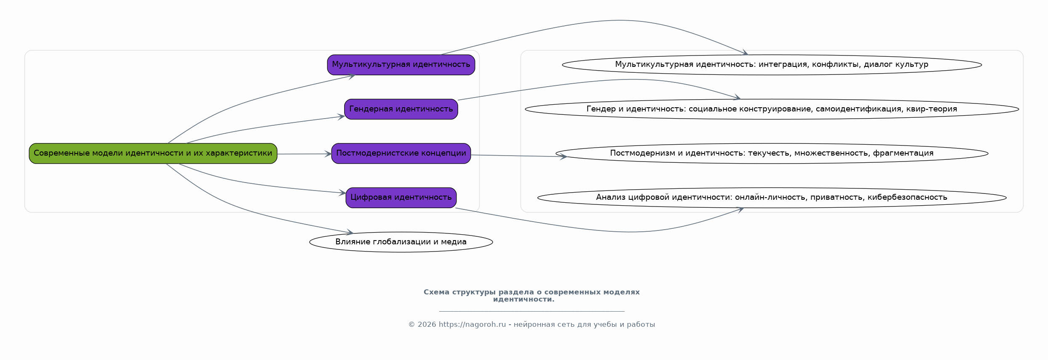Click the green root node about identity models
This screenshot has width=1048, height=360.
point(153,154)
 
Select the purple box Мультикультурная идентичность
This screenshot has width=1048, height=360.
point(401,65)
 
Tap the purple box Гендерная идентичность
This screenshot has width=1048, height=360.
point(401,109)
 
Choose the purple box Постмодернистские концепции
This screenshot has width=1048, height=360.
point(401,154)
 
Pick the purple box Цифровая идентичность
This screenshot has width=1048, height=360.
point(401,198)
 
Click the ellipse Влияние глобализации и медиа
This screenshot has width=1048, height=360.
point(401,242)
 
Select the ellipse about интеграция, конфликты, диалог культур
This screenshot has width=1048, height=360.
point(772,65)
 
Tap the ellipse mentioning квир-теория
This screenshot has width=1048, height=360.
point(772,109)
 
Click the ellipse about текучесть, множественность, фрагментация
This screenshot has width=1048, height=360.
point(772,154)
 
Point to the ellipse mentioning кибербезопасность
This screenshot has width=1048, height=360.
point(772,198)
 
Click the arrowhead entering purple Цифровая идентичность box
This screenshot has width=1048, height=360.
point(342,193)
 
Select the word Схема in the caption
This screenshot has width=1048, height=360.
point(436,292)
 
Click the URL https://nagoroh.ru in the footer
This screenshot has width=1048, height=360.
point(472,325)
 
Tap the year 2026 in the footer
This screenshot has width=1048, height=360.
point(427,325)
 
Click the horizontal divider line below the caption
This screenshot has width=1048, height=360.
point(531,312)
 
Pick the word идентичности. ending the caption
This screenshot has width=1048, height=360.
point(524,299)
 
